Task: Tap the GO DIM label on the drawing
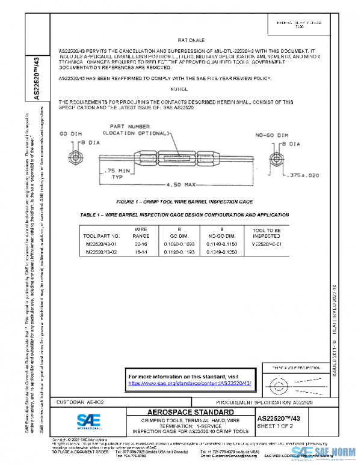tap(70, 133)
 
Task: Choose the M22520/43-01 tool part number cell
tap(99, 244)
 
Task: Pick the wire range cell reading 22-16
tap(141, 244)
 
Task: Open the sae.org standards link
tap(190, 383)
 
